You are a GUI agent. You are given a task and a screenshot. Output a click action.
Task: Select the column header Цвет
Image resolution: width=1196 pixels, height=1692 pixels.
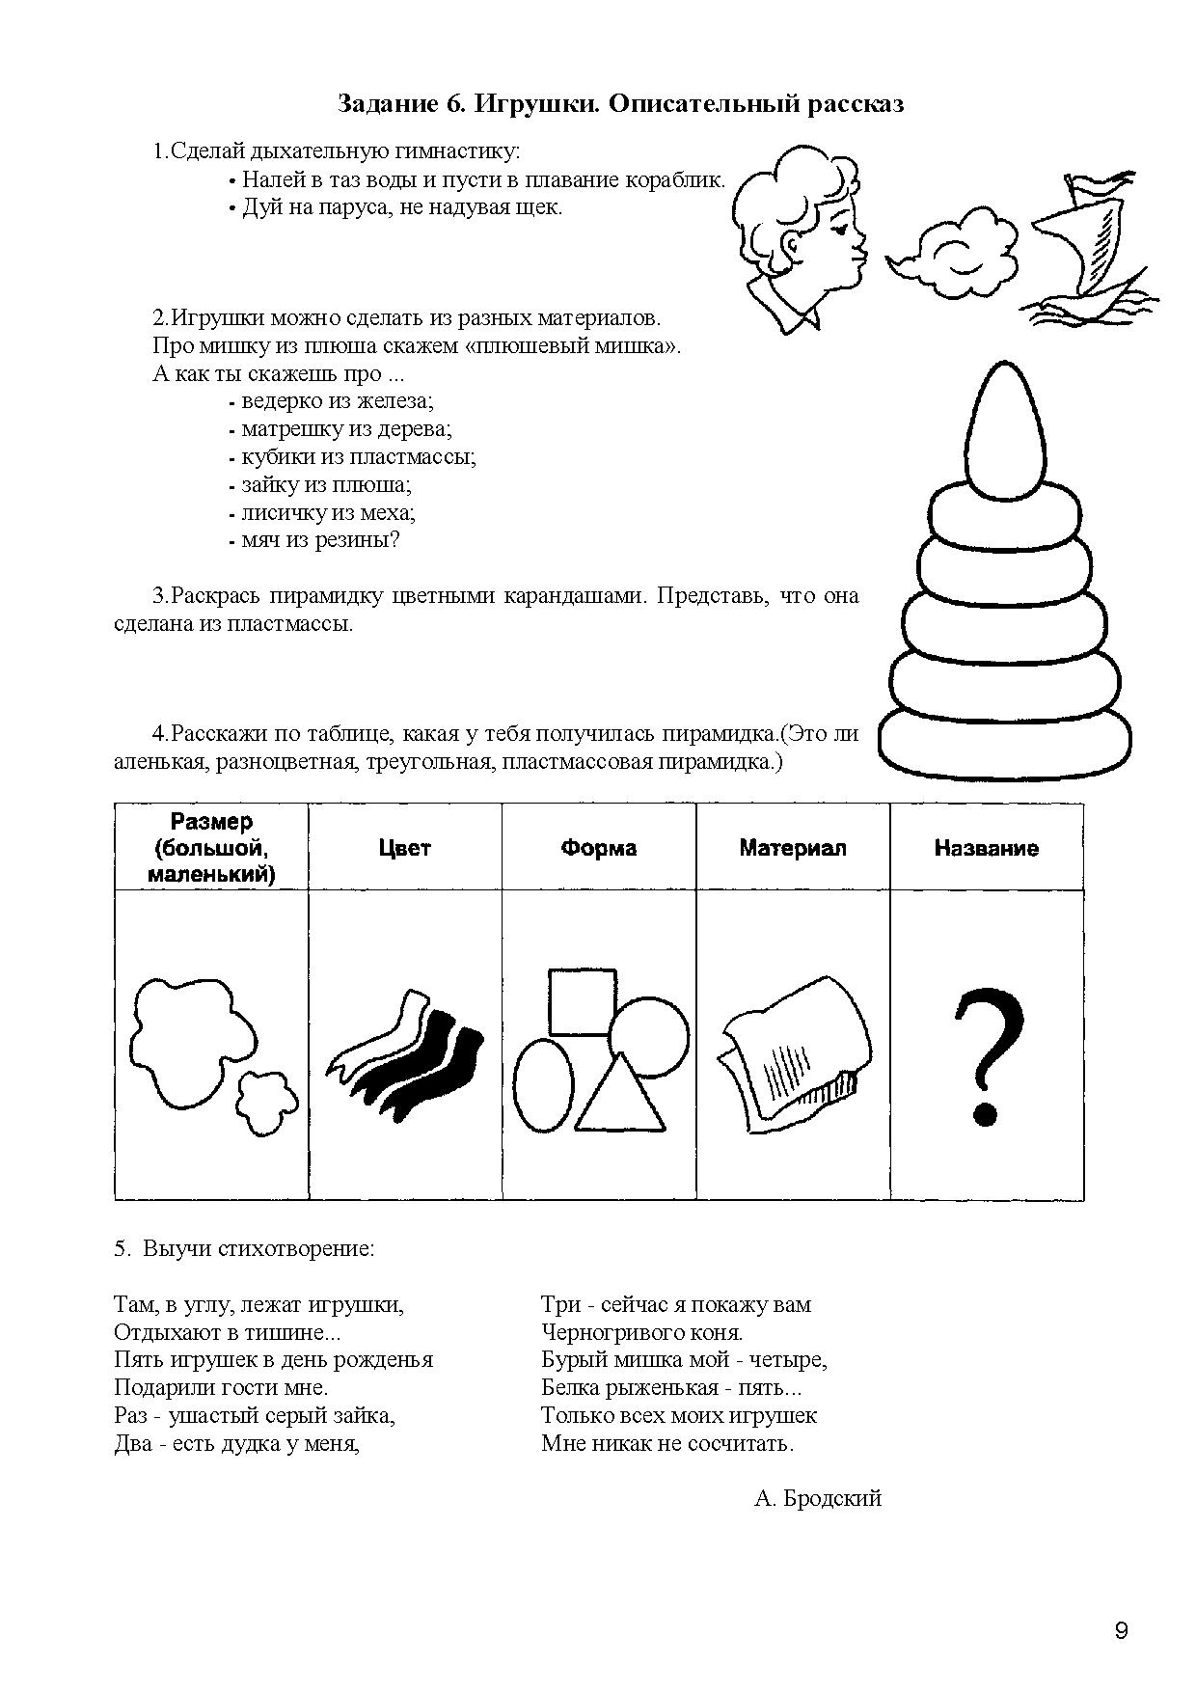pos(404,848)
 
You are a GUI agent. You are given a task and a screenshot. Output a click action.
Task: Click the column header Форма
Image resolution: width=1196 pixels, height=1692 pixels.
pos(599,848)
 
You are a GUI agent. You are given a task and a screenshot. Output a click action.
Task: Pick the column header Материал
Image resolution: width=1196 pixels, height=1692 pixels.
pos(793,848)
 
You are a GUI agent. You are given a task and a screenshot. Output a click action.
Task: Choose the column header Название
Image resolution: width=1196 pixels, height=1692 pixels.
pos(987,848)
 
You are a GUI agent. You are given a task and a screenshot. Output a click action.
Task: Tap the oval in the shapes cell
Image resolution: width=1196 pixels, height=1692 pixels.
pos(543,1085)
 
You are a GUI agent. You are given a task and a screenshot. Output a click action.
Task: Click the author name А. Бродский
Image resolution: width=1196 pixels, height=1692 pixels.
pos(819,1498)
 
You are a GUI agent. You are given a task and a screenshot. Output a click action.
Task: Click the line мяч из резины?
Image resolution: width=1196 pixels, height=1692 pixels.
pos(318,540)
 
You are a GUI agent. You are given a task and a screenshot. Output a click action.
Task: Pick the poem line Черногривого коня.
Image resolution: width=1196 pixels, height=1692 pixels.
pos(642,1332)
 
